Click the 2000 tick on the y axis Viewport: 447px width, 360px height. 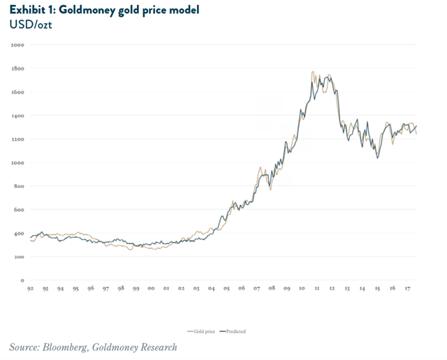[18, 45]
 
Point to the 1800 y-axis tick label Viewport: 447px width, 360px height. [18, 68]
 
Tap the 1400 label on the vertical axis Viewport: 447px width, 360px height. [18, 115]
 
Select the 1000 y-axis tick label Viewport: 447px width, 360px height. [18, 163]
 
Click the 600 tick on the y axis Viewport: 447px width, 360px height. [19, 209]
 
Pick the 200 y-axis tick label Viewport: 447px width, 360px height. [19, 257]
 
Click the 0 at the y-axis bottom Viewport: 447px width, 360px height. [22, 280]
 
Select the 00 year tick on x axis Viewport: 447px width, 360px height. [152, 287]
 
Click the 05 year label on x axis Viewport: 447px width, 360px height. [226, 287]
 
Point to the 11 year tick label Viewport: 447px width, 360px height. [316, 287]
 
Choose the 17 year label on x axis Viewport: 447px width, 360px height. [406, 287]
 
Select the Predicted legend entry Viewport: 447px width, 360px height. [235, 331]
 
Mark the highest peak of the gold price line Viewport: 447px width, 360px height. [312, 72]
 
